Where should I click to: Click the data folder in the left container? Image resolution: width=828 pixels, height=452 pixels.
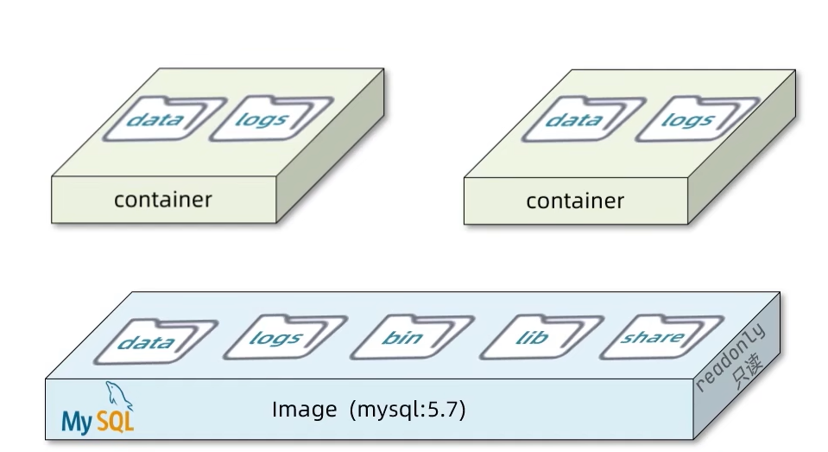[x=155, y=119]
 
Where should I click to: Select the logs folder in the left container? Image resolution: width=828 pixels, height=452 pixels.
[x=261, y=119]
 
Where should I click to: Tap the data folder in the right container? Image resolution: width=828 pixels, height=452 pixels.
[x=573, y=119]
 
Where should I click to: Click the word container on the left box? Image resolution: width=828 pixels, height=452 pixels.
[x=162, y=201]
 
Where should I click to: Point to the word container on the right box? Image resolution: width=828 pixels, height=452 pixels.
[x=575, y=202]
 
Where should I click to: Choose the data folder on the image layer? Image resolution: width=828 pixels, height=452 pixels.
[x=145, y=342]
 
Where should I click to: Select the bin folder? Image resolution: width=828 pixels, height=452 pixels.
[x=402, y=338]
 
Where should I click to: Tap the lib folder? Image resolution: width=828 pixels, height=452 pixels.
[x=530, y=338]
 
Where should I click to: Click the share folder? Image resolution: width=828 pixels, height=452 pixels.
[x=652, y=337]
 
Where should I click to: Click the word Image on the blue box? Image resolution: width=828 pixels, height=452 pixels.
[x=304, y=410]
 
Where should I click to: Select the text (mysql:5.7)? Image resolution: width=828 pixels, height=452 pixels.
[x=408, y=410]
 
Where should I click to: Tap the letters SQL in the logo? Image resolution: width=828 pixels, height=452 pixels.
[x=114, y=421]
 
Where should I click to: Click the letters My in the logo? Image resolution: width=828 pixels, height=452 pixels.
[x=75, y=422]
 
